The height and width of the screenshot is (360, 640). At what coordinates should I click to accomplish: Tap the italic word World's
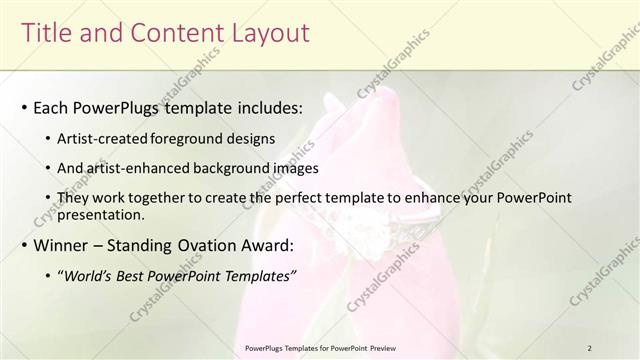pos(89,275)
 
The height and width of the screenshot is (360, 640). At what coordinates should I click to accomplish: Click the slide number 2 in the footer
pos(590,348)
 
